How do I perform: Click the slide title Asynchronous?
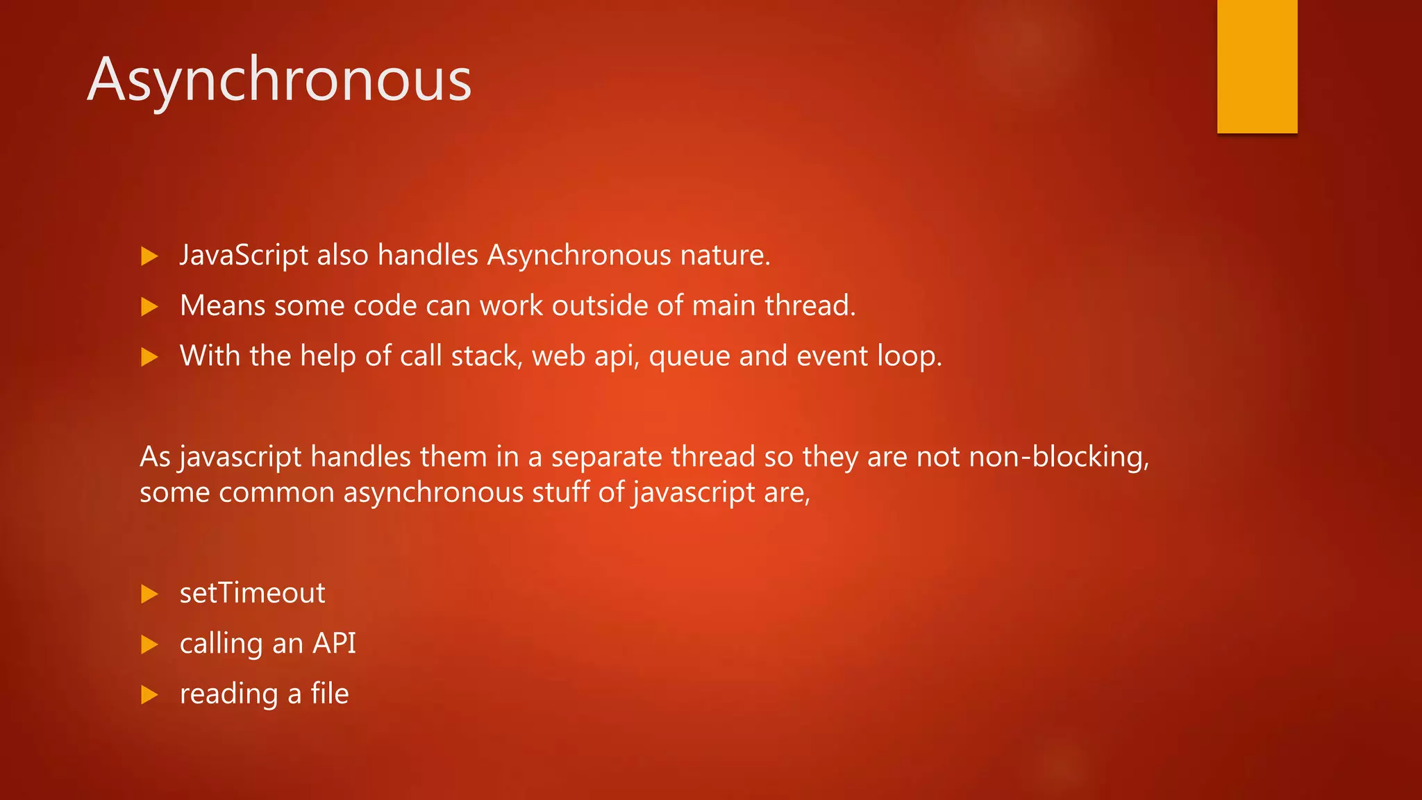[x=279, y=80]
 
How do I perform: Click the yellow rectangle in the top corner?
[x=1257, y=66]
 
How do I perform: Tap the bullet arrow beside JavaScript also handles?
[x=149, y=256]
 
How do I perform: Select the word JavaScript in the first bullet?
[x=244, y=256]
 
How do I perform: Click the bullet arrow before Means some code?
[x=149, y=306]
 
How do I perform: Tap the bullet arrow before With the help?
[x=149, y=357]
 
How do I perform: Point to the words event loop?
[x=869, y=356]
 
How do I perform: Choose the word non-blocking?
[x=1058, y=457]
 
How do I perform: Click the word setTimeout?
[x=252, y=593]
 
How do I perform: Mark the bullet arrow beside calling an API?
[x=149, y=644]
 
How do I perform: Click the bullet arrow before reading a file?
[x=149, y=694]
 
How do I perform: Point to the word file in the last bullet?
[x=330, y=693]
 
